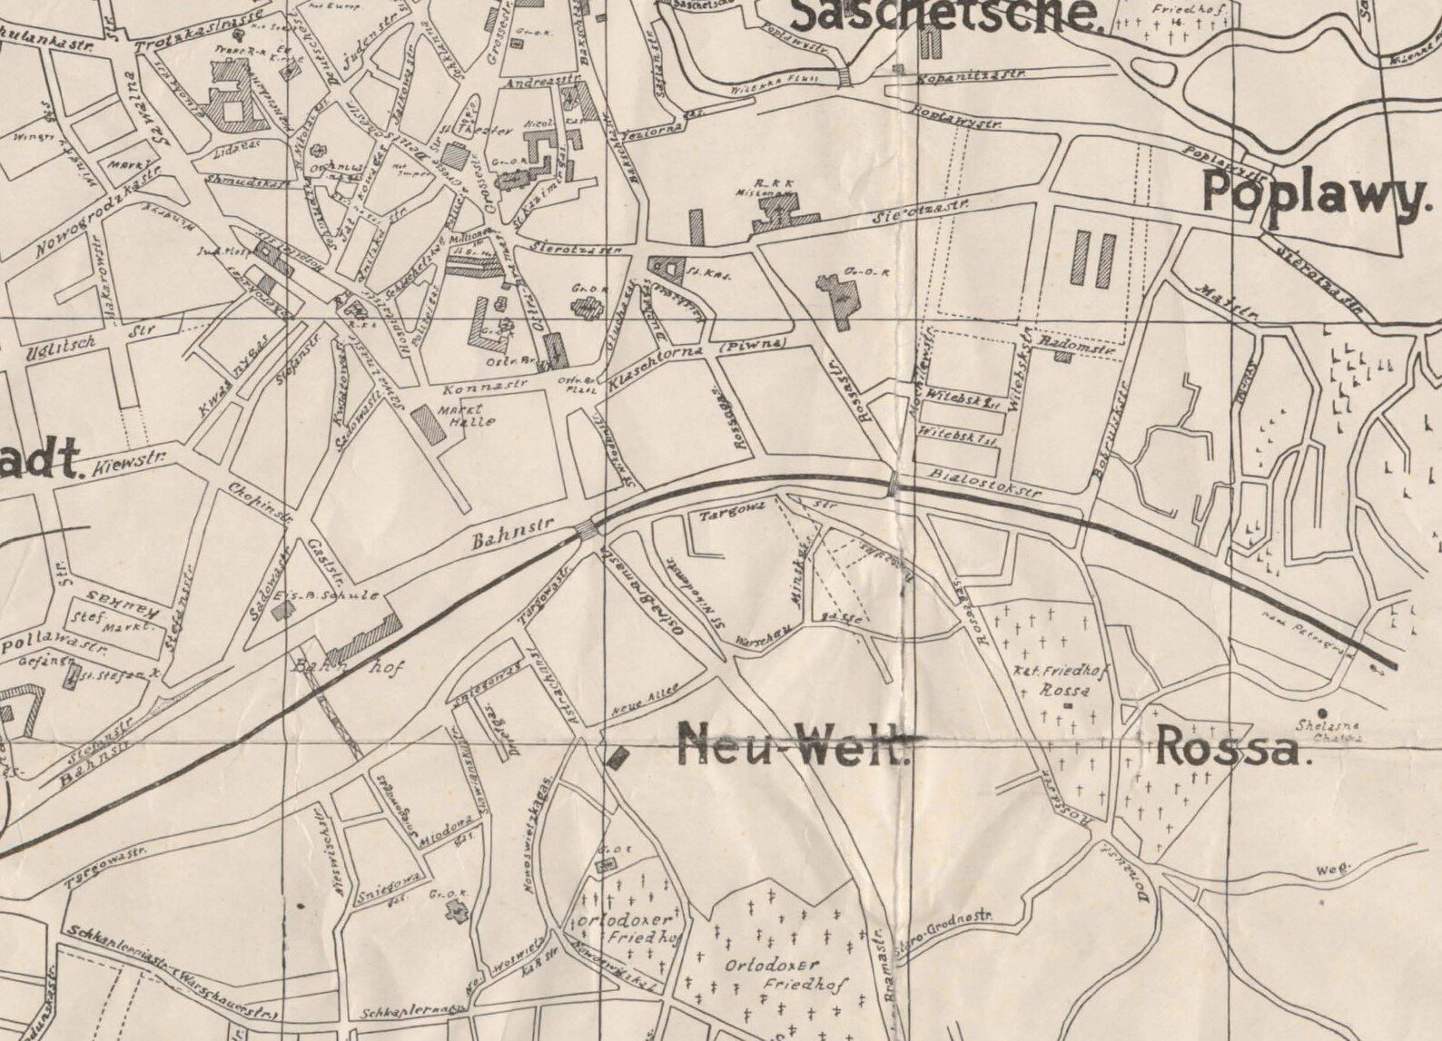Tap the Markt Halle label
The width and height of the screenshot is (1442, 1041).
tap(467, 416)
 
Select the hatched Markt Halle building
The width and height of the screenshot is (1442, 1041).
tap(428, 424)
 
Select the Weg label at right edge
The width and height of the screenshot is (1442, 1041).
tap(1333, 867)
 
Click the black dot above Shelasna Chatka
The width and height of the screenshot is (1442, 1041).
tap(1322, 713)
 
